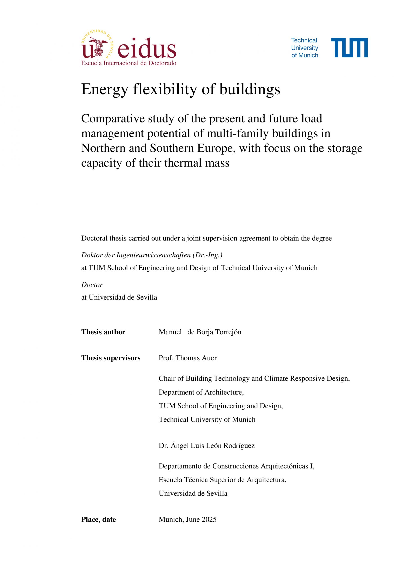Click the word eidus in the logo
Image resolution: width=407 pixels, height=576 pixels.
tap(147, 48)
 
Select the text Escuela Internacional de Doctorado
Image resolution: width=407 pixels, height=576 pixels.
tap(128, 63)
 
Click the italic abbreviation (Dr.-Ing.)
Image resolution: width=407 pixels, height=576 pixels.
tap(207, 255)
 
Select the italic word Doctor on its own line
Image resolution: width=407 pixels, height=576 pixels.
tap(92, 285)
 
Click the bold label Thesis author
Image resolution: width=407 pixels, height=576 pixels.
tap(103, 332)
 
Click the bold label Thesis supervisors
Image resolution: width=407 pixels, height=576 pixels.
tap(111, 358)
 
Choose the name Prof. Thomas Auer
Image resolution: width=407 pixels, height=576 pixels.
tap(187, 358)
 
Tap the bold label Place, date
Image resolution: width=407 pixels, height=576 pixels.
tap(98, 519)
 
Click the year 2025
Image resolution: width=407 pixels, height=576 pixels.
tap(209, 519)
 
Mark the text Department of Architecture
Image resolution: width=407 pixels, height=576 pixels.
tap(201, 392)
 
